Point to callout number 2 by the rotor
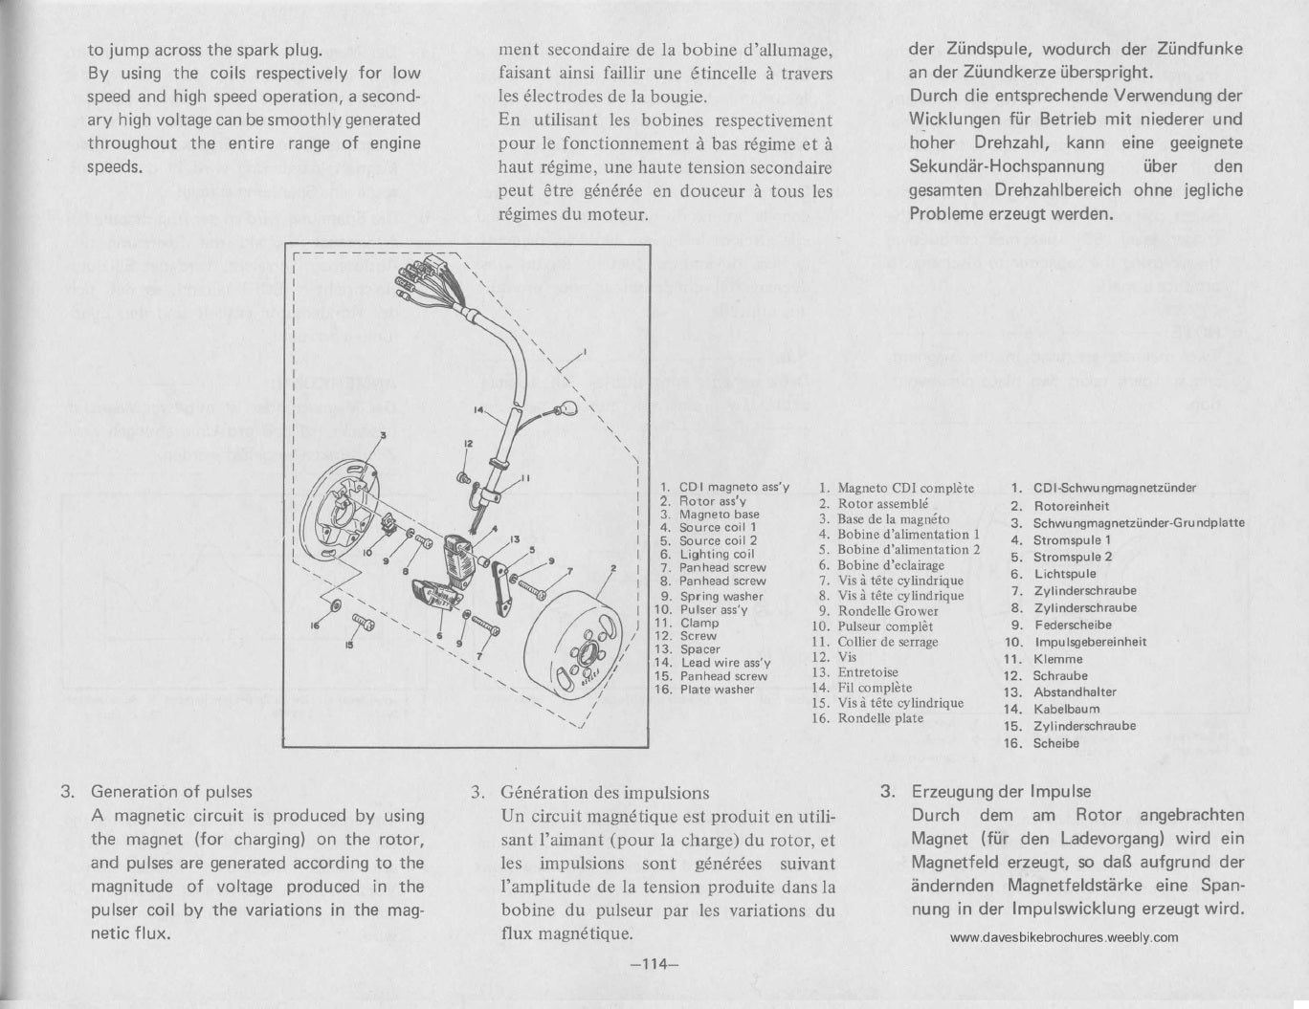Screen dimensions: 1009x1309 pos(611,568)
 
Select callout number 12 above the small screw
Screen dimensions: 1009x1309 pos(469,444)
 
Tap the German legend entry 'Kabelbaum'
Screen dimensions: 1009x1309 pos(1066,709)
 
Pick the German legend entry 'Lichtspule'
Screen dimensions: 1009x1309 pos(1064,574)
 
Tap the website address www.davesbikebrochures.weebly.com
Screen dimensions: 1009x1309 pos(1064,938)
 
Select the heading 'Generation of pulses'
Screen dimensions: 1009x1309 pos(171,792)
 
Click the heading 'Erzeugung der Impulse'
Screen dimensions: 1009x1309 pos(1000,792)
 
